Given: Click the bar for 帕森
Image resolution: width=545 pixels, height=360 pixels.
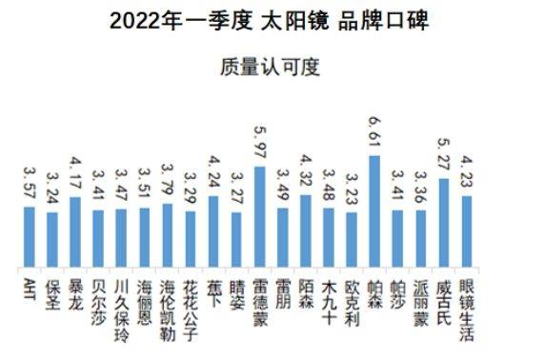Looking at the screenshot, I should point(374,211).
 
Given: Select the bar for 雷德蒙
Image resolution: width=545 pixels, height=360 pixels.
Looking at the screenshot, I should point(259,217).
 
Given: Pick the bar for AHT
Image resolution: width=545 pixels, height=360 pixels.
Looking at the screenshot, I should point(29,237).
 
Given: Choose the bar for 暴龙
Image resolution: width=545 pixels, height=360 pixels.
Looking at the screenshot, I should point(75,232).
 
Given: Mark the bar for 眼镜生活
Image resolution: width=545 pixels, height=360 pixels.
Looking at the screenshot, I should point(467,231).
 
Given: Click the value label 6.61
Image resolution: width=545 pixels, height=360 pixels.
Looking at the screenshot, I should point(374,134).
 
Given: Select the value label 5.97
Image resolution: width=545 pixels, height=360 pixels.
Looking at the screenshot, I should point(259,145).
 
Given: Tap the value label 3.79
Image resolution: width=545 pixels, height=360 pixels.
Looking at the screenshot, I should point(167,184).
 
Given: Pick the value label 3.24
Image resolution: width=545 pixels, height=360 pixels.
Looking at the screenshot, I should point(51,191).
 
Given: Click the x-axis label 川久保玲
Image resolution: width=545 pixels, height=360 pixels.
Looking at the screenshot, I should point(121,303).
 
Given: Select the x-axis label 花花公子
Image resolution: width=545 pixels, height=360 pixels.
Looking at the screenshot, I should point(191,303).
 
